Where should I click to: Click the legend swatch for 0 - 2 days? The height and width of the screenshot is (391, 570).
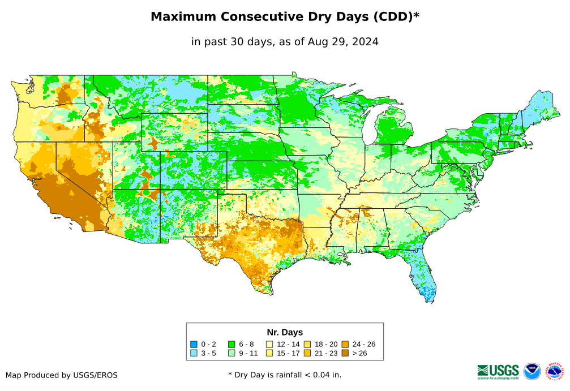click(194, 344)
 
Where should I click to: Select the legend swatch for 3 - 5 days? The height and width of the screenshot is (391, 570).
click(194, 354)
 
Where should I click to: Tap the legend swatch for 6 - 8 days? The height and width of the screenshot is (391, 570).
click(232, 344)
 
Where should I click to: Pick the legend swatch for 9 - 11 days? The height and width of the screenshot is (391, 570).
click(232, 354)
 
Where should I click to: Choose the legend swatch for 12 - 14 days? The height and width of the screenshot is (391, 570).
click(269, 344)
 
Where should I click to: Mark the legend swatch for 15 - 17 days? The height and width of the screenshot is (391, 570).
click(269, 354)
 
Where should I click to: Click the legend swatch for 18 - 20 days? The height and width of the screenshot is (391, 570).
click(307, 344)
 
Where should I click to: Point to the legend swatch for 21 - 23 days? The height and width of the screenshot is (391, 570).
click(307, 354)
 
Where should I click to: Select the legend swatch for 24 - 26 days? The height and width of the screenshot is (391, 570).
click(345, 344)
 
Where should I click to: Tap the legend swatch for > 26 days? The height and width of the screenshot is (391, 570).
click(345, 354)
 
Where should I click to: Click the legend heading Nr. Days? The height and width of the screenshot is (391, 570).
click(285, 332)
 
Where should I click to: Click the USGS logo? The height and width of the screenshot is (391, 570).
click(498, 371)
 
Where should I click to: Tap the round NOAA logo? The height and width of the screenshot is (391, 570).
click(532, 371)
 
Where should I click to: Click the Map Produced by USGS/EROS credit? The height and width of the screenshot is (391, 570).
click(62, 375)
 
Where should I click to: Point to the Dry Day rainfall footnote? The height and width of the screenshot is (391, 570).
click(285, 375)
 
